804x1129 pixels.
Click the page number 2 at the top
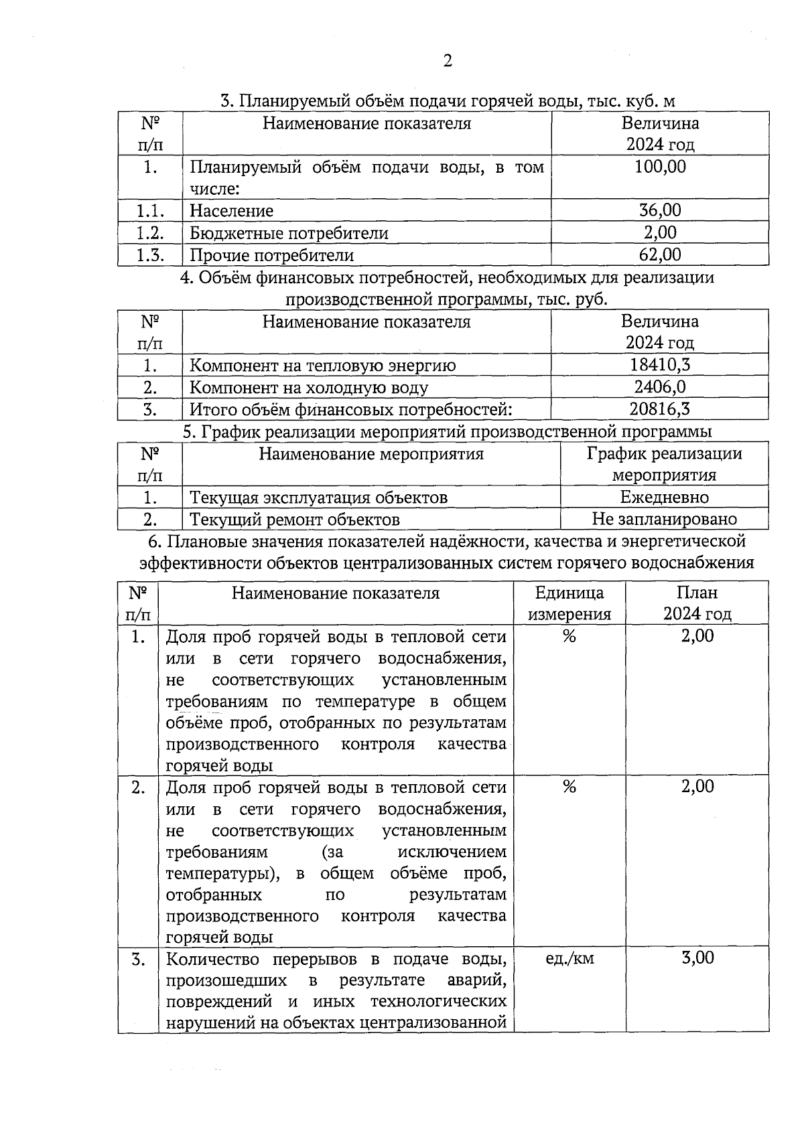coord(448,62)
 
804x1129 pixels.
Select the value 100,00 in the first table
coord(660,167)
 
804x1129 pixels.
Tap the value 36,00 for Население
coord(660,210)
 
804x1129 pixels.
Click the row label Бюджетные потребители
coord(289,233)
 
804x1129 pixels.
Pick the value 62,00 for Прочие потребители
coord(660,254)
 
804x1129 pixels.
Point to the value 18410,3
coord(660,365)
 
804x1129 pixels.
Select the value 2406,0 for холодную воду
coord(660,387)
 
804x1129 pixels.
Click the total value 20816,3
coord(660,409)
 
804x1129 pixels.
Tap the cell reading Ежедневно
coord(664,498)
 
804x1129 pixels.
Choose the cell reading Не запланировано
coord(664,520)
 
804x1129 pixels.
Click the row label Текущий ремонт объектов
coord(295,520)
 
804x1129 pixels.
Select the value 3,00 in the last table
coord(697,958)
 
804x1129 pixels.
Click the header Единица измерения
coord(569,603)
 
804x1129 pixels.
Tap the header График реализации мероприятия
coord(664,464)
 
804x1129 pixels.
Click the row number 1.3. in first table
coord(150,254)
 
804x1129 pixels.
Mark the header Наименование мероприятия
coord(371,455)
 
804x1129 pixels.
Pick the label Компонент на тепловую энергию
coord(322,366)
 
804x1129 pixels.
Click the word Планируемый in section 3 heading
coord(287,102)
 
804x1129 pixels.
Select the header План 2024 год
coord(697,603)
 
